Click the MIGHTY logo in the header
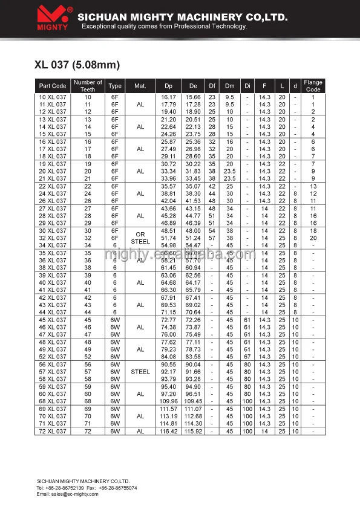(54, 18)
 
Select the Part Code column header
(53, 86)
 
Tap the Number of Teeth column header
(88, 86)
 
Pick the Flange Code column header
(313, 86)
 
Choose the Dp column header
(168, 86)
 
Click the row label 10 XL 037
(53, 97)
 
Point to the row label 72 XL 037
(53, 431)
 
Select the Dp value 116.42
(168, 431)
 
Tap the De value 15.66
(193, 97)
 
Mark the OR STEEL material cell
(140, 238)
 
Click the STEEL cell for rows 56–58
(140, 372)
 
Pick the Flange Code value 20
(313, 238)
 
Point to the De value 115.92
(193, 431)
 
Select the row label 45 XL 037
(53, 319)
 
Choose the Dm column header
(230, 86)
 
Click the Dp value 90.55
(168, 365)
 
